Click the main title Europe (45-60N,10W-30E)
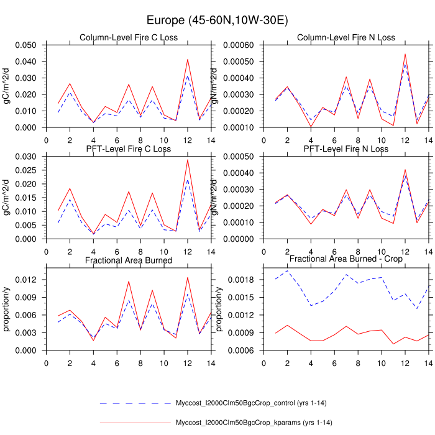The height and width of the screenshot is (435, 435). click(217, 21)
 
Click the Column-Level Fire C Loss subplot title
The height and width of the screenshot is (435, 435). click(129, 38)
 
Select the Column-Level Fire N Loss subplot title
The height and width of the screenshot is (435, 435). click(346, 38)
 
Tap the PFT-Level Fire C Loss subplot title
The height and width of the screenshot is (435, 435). click(129, 149)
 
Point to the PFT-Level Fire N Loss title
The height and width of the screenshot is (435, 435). click(346, 149)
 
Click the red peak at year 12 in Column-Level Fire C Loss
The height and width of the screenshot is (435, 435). click(188, 60)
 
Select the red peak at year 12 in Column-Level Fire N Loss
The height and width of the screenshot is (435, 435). click(405, 54)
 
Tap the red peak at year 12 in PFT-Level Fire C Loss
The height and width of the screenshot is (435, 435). click(188, 160)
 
